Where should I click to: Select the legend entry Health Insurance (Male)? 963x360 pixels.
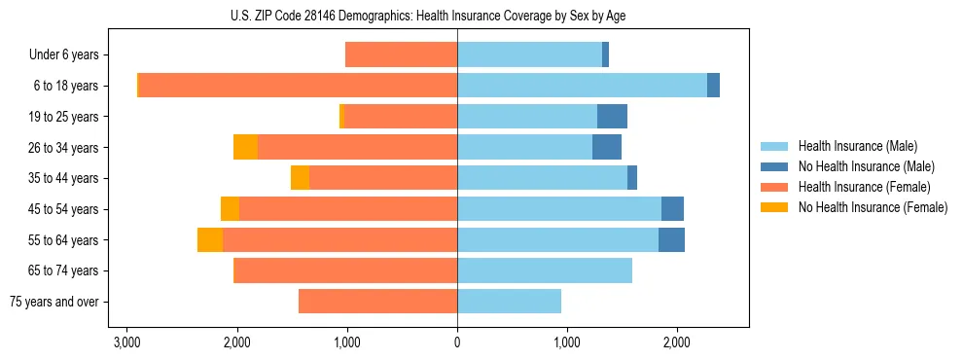[857, 146]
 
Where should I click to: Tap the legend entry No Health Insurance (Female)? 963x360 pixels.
[873, 207]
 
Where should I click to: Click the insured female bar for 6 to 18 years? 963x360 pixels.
[298, 86]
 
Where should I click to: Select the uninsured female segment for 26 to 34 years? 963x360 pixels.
[245, 147]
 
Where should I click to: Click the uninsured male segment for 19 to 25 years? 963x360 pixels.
[612, 117]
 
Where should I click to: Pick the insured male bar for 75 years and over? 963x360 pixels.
[509, 302]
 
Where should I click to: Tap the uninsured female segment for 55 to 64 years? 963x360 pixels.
[210, 240]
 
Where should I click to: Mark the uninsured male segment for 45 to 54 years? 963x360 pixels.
[672, 209]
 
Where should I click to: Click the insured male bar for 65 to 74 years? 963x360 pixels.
[545, 270]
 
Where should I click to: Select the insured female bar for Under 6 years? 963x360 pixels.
[401, 55]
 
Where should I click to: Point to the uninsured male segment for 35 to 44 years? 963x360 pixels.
[632, 178]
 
